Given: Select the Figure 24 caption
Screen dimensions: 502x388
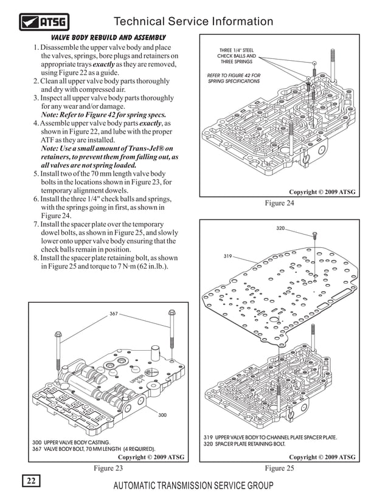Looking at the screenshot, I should pyautogui.click(x=279, y=204).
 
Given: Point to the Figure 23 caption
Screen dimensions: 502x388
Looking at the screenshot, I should pyautogui.click(x=108, y=468).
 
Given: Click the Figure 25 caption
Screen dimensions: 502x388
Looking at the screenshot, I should pyautogui.click(x=279, y=468).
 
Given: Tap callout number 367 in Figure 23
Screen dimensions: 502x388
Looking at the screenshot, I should pyautogui.click(x=114, y=314).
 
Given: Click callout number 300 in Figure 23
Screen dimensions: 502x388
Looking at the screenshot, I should pyautogui.click(x=162, y=414).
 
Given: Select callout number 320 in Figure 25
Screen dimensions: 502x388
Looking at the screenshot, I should pyautogui.click(x=280, y=228).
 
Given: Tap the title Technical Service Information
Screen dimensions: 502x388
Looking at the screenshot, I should pyautogui.click(x=193, y=22).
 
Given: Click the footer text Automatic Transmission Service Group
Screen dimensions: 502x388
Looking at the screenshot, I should pyautogui.click(x=193, y=486).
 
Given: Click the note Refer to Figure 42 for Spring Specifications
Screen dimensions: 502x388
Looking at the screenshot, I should pyautogui.click(x=234, y=78).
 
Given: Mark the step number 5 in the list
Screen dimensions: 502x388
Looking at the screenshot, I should pyautogui.click(x=36, y=174).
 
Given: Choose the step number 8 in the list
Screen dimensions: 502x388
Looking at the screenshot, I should pyautogui.click(x=36, y=258).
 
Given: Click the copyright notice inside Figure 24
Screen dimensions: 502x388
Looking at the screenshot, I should pyautogui.click(x=322, y=193).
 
